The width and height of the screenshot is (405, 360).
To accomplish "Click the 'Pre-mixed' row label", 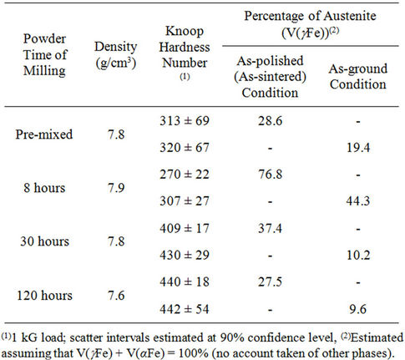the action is tap(44, 134).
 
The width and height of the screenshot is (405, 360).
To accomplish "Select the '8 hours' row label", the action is tap(44, 188).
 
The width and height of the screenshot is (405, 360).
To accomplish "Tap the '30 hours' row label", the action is tap(44, 241).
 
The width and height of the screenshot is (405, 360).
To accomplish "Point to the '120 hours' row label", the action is tap(44, 295).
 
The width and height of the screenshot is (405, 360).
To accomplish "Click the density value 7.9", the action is tap(116, 188).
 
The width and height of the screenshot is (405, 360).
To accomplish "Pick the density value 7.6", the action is tap(116, 295).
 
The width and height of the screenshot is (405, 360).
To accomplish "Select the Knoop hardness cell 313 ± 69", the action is tap(185, 120).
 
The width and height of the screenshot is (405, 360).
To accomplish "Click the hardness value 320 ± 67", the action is tap(185, 147).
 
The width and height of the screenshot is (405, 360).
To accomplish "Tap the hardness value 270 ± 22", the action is tap(185, 175).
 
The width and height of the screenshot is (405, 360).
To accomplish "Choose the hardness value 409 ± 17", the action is tap(185, 228).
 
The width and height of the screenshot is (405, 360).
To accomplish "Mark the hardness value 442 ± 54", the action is tap(185, 309).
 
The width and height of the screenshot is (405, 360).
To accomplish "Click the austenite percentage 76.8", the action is tap(270, 175).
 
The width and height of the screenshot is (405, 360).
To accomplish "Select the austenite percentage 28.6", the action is tap(270, 120).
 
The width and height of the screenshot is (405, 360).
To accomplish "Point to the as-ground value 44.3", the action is tap(358, 200).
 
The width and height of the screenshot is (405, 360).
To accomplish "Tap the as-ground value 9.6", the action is tap(358, 309).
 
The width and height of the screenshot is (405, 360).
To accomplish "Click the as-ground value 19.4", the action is tap(358, 147).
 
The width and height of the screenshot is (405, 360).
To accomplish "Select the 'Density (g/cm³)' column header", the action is tap(116, 55).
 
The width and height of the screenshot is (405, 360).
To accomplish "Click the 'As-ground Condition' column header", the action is tap(358, 76).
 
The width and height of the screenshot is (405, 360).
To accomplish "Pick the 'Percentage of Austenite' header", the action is tap(310, 16).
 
